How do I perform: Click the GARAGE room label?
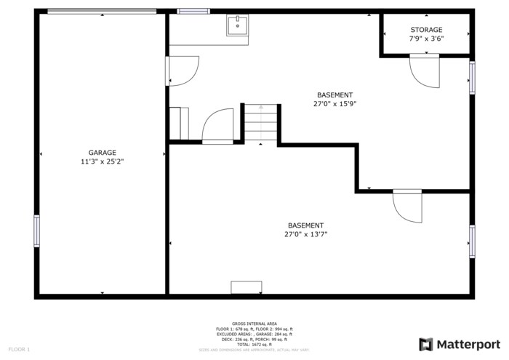(102, 153)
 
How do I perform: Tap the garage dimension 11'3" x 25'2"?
(102, 161)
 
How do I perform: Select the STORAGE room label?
(426, 30)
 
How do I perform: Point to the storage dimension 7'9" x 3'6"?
(426, 39)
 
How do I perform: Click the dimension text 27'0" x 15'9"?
(334, 104)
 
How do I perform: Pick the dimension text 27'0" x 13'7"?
(305, 234)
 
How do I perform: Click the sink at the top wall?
(237, 26)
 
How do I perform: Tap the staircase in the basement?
(261, 123)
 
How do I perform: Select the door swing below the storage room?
(424, 71)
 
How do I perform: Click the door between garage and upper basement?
(183, 71)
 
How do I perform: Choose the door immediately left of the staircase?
(217, 126)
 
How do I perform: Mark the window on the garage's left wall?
(37, 231)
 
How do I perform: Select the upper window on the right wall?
(472, 78)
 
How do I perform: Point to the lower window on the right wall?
(472, 241)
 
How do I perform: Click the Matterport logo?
(460, 344)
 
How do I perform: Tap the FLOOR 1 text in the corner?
(19, 350)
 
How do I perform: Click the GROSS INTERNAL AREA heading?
(254, 324)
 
